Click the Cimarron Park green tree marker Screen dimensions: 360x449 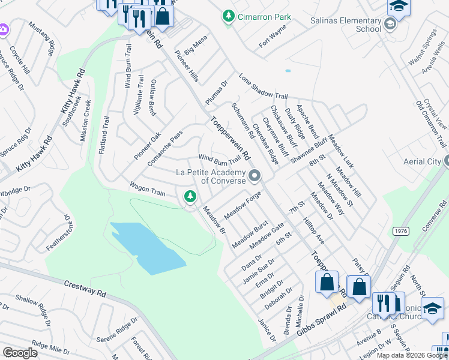point(228,17)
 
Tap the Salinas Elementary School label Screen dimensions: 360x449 point(346,25)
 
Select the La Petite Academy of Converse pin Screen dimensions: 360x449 point(255,176)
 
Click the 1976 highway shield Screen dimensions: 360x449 point(402,230)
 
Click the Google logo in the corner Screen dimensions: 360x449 point(20,352)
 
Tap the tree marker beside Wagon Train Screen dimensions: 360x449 point(190,196)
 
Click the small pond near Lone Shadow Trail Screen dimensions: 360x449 point(288,71)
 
